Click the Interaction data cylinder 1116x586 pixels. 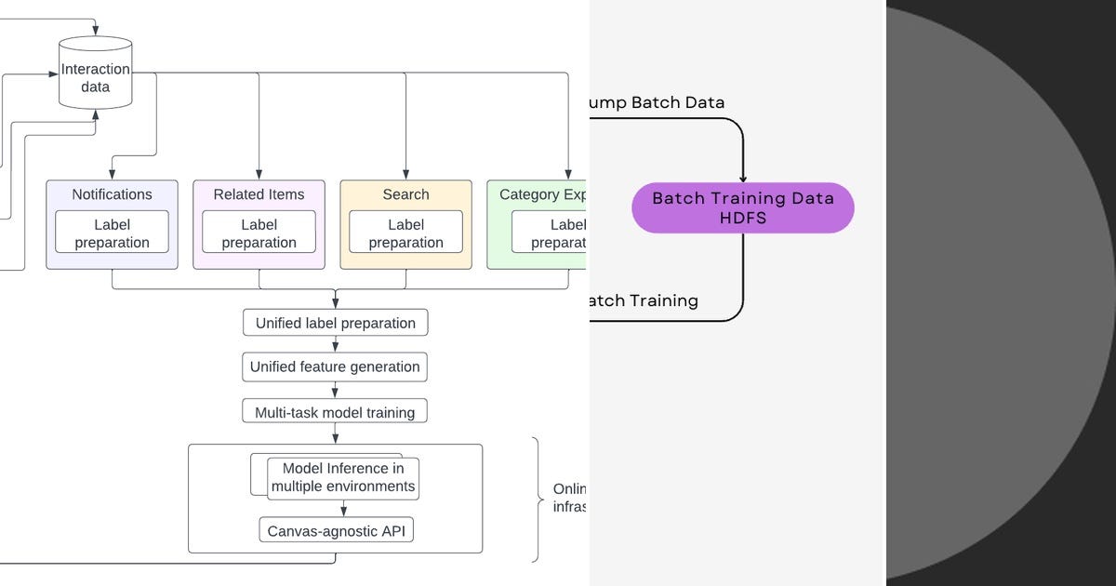tap(95, 74)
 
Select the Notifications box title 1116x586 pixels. tap(112, 194)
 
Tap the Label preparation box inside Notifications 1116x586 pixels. tap(112, 233)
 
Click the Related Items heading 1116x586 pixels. tap(259, 194)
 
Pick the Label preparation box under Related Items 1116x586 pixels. tap(259, 233)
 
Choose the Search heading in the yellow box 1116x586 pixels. tap(405, 194)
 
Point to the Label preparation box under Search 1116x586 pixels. tap(405, 233)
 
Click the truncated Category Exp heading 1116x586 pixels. tap(543, 194)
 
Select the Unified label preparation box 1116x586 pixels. tap(335, 323)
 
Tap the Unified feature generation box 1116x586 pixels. tap(335, 366)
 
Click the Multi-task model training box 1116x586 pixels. tap(335, 411)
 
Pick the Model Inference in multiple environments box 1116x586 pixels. tap(342, 478)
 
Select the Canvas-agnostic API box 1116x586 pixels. tap(335, 531)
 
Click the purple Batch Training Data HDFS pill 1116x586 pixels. tap(742, 207)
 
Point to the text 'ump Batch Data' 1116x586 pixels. tap(657, 102)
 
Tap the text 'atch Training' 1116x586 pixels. tap(644, 300)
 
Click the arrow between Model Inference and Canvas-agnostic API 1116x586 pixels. tap(344, 509)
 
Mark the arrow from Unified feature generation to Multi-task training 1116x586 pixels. tap(335, 390)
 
